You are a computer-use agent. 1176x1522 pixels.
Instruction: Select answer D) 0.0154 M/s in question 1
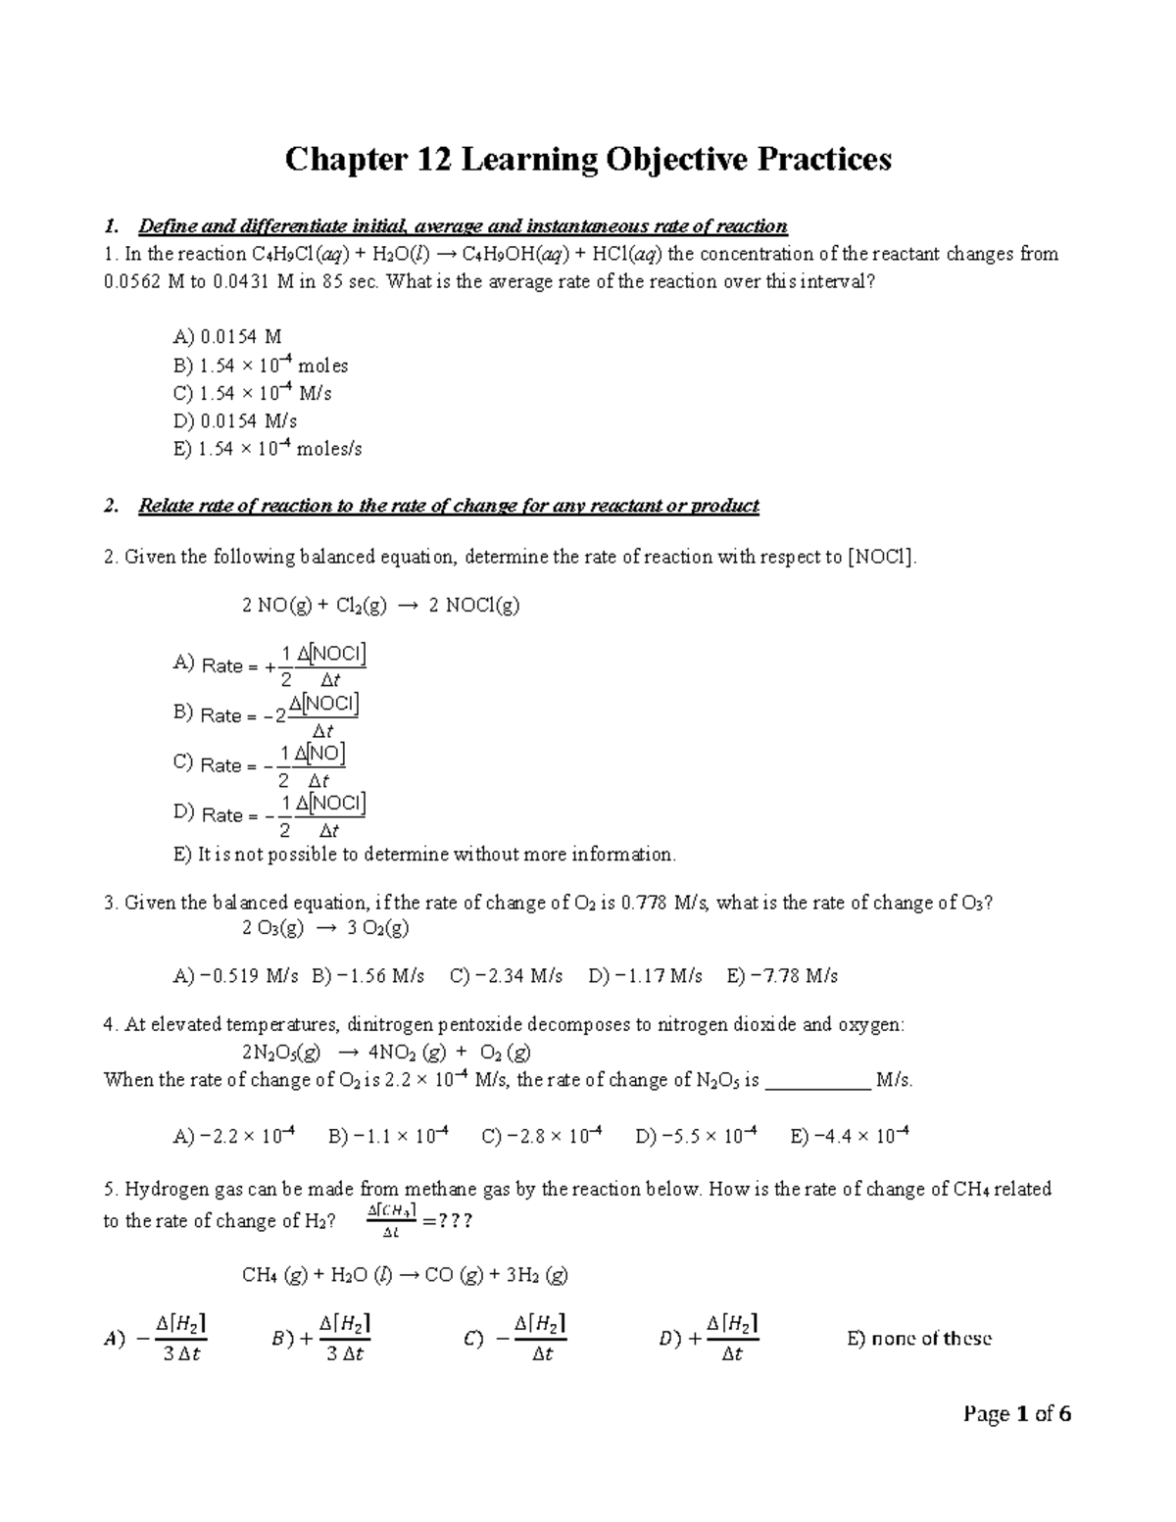235,421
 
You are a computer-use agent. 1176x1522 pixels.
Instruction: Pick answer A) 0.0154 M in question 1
227,337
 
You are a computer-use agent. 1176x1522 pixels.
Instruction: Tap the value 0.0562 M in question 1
145,281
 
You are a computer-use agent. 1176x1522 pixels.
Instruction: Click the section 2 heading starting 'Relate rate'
448,506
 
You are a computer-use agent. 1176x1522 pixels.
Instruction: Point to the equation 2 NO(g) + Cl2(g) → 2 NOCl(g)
380,606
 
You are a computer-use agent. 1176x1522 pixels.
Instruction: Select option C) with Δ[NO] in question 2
260,765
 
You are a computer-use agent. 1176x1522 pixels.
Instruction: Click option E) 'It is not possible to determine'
424,855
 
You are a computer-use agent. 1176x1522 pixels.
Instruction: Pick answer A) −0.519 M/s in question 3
236,976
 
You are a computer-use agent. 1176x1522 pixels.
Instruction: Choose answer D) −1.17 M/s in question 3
645,976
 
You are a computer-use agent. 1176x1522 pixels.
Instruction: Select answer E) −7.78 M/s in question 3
782,976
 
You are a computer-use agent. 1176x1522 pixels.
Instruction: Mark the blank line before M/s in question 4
816,1081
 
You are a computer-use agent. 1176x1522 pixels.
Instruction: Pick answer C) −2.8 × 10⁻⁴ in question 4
542,1137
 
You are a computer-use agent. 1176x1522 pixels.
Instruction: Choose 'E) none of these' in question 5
919,1339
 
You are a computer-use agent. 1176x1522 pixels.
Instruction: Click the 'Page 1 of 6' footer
1017,1414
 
